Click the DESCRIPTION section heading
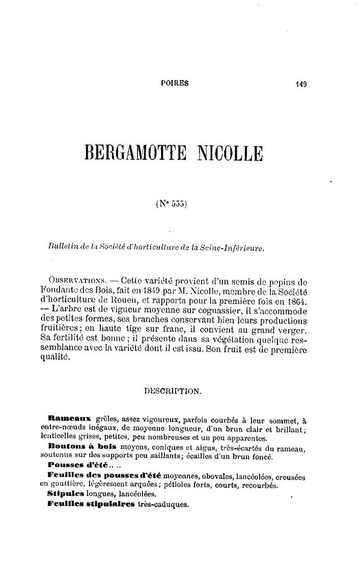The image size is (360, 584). (173, 392)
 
